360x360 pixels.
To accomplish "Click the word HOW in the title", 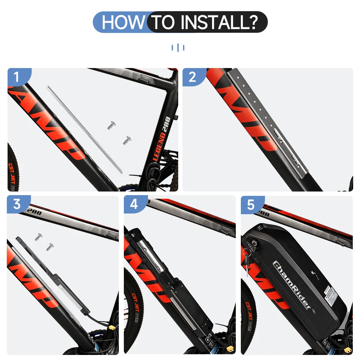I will tap(122, 22).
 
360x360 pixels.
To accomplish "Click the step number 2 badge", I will tap(192, 77).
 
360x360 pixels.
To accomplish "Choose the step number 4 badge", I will tap(134, 204).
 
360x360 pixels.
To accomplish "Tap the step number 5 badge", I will tap(251, 204).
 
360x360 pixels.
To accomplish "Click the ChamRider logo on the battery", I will tap(292, 284).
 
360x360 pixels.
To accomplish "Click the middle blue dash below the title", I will tap(178, 47).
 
